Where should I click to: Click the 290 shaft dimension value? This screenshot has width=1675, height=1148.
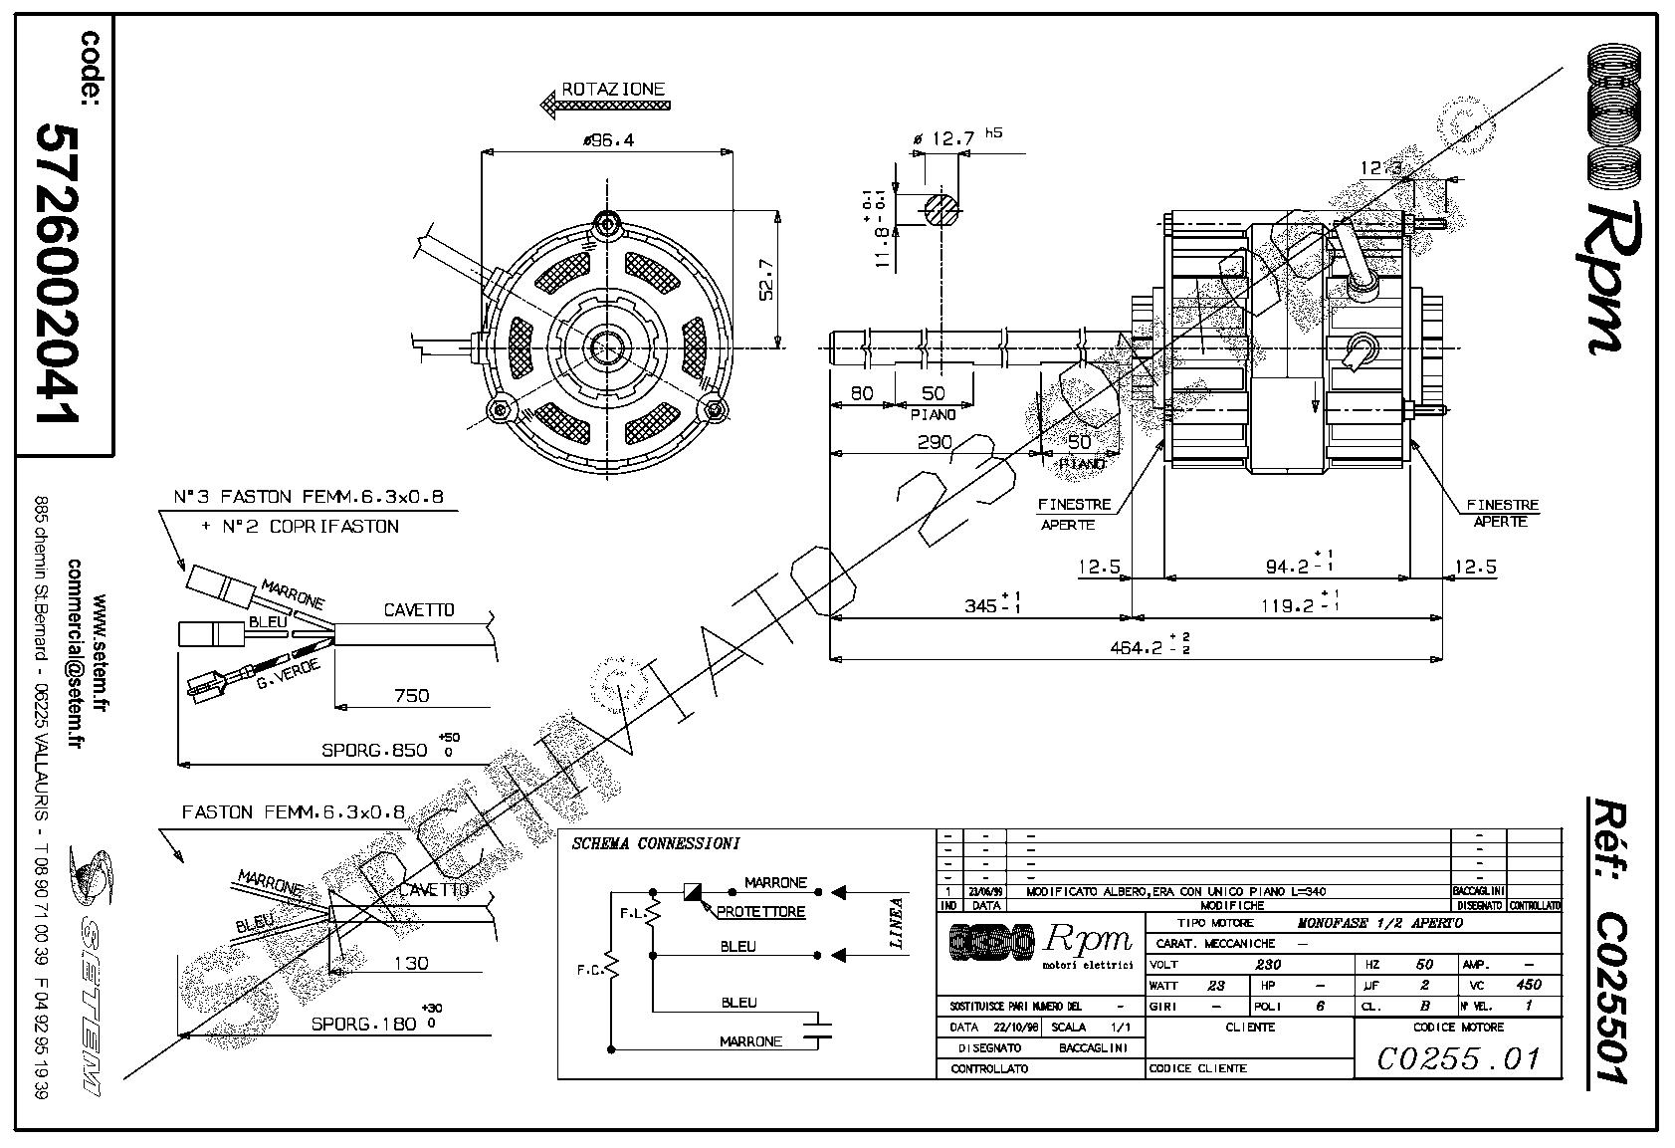tap(934, 441)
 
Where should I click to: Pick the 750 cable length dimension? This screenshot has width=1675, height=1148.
tap(411, 695)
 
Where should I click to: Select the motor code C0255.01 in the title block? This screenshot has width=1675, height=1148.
tap(1458, 1057)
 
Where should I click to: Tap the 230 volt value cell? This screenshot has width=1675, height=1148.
tap(1268, 964)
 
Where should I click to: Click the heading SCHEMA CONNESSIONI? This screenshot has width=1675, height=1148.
tap(655, 844)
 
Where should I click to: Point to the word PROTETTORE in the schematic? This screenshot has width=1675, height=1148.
tap(760, 911)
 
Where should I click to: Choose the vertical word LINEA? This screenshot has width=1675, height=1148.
tap(896, 923)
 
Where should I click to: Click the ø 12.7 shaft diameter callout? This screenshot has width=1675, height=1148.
tap(945, 138)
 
